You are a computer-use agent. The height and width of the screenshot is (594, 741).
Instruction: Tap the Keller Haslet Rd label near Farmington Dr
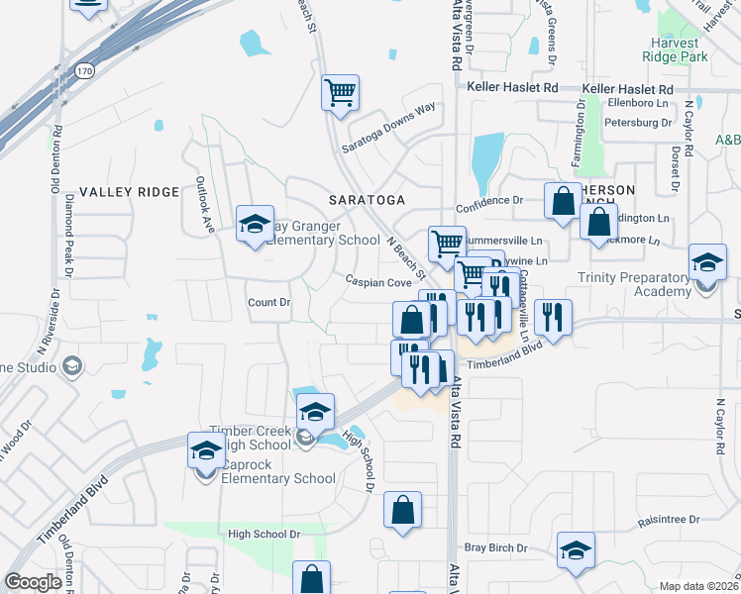point(628,89)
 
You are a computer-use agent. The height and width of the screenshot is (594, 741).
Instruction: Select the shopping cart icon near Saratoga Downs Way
point(340,93)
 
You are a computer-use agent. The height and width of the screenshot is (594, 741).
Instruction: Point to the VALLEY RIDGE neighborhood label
point(129,192)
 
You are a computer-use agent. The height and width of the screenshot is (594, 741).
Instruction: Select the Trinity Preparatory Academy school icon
point(706,263)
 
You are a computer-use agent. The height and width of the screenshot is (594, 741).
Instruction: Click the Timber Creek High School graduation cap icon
point(315,411)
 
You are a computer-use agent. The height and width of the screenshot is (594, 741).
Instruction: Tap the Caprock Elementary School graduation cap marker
point(205,450)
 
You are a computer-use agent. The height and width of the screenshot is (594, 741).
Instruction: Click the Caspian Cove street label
point(377,282)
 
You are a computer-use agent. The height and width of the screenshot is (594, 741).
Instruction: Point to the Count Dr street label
point(268,302)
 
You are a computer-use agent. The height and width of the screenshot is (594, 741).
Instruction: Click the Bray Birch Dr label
point(495,547)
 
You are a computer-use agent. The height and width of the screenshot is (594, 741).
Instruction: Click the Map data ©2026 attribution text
point(698,586)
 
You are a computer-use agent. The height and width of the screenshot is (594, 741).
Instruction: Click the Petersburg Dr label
point(639,123)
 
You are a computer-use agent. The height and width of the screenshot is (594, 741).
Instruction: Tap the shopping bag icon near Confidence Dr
point(563,201)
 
